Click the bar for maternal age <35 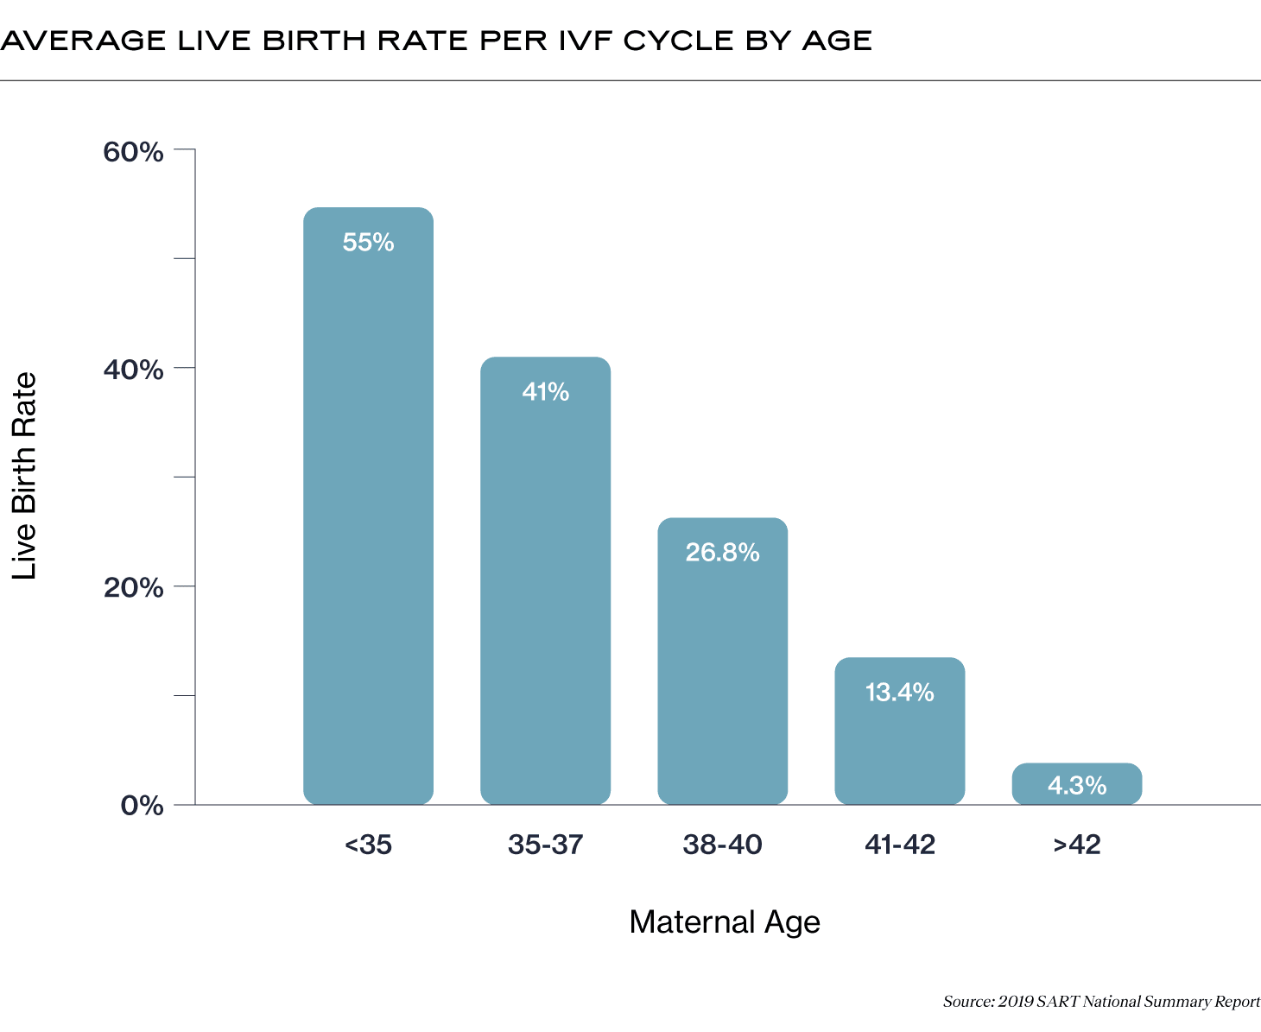pyautogui.click(x=368, y=518)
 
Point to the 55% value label pyautogui.click(x=368, y=243)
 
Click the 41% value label pyautogui.click(x=545, y=392)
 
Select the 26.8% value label pyautogui.click(x=722, y=552)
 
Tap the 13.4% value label pyautogui.click(x=899, y=693)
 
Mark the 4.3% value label pyautogui.click(x=1076, y=786)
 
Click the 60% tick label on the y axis pyautogui.click(x=133, y=152)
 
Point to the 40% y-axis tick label pyautogui.click(x=133, y=370)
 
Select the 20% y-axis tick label pyautogui.click(x=133, y=588)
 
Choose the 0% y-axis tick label pyautogui.click(x=142, y=806)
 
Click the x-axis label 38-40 pyautogui.click(x=722, y=845)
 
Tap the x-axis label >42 pyautogui.click(x=1076, y=845)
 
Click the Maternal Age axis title pyautogui.click(x=724, y=922)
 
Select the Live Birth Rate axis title pyautogui.click(x=24, y=476)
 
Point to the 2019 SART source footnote pyautogui.click(x=1101, y=1002)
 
